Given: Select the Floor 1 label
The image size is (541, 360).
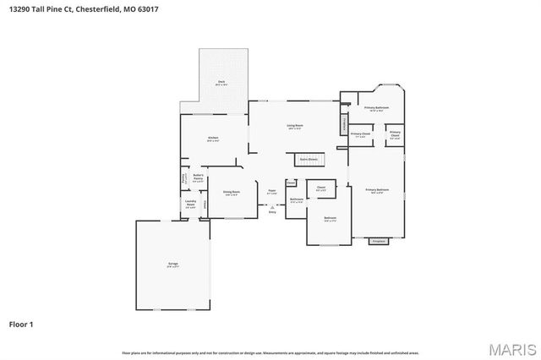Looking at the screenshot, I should [21, 324].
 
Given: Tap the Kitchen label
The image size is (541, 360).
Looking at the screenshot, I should [213, 139].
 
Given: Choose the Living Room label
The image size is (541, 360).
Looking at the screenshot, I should [294, 127].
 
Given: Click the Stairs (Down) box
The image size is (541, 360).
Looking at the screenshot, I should [307, 158].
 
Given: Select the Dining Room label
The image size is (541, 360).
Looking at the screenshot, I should [231, 193].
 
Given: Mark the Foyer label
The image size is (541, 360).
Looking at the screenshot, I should [272, 191].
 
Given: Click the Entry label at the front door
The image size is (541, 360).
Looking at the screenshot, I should [272, 211].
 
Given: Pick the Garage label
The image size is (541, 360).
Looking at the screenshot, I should [172, 265].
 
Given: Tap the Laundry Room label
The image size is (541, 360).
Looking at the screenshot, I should [191, 204].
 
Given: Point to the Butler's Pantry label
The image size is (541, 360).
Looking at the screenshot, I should [198, 177].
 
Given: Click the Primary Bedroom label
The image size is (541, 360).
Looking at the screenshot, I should [377, 191].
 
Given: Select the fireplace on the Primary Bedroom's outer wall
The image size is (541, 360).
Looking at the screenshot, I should [378, 241].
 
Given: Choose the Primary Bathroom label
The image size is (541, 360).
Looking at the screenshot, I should [376, 109].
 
